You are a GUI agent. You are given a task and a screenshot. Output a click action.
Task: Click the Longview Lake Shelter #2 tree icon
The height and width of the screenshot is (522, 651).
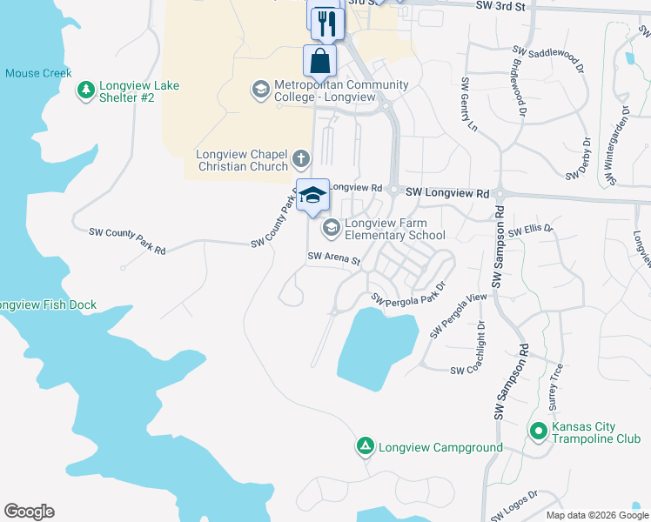point(85,90)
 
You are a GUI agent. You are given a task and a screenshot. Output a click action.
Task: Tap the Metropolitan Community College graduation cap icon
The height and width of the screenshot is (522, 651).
point(260,90)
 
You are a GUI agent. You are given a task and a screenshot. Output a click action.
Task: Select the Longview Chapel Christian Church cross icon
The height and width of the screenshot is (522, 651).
point(301,158)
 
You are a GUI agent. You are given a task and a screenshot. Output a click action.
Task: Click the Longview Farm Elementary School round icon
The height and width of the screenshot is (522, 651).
point(331,228)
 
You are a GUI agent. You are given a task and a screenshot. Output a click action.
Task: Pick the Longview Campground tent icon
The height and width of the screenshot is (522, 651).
point(366,447)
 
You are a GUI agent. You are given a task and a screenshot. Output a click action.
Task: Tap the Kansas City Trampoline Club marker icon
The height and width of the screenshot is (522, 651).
point(539,431)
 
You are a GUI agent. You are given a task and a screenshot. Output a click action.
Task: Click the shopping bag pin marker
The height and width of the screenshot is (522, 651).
point(320,61)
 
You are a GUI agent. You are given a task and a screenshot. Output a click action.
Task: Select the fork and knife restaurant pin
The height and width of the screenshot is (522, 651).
point(327,23)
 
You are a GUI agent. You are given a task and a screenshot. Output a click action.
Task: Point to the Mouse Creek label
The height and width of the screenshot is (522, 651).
point(38,73)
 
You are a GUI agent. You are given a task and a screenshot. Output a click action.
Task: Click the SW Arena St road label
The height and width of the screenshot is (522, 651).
point(334,258)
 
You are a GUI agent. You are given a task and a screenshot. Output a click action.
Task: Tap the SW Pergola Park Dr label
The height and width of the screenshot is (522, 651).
point(408,292)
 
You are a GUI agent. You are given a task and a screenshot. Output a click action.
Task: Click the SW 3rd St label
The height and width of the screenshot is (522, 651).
point(502,6)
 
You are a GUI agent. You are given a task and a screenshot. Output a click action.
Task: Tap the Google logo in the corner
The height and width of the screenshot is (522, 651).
point(29,512)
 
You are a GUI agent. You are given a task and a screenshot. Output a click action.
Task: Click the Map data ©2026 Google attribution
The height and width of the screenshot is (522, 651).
point(597,515)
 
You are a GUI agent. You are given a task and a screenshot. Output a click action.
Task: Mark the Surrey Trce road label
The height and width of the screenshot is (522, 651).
point(555,386)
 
